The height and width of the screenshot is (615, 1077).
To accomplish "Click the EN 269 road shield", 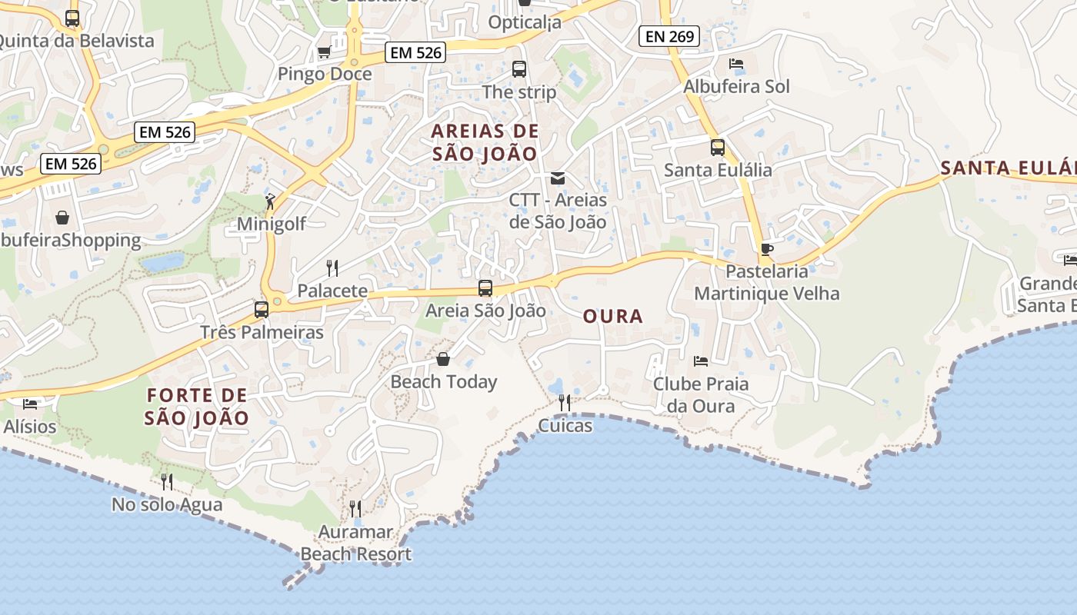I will click(669, 36).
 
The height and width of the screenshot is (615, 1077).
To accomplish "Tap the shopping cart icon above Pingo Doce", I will click(324, 52).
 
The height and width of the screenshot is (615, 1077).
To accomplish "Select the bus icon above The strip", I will click(519, 69).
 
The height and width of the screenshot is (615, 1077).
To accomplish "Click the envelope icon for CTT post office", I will click(558, 178).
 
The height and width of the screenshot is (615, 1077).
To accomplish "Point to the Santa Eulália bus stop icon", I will click(717, 148).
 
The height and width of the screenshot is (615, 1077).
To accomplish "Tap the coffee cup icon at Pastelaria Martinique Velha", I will click(766, 249).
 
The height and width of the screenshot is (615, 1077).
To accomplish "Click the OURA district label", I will click(612, 317).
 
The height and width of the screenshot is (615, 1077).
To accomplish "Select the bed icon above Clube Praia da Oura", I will click(700, 361).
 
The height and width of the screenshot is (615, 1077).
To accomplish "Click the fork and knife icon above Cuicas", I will click(565, 403).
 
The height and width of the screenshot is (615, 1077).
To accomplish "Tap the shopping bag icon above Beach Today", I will click(443, 359).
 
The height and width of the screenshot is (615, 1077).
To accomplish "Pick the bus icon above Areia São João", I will click(485, 288).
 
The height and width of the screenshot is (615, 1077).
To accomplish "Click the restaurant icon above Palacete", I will click(332, 268).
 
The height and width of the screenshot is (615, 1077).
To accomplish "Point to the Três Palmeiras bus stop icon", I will click(262, 310).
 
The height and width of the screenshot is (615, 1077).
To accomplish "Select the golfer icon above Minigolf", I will click(270, 201).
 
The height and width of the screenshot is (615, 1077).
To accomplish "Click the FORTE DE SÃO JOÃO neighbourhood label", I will click(197, 407).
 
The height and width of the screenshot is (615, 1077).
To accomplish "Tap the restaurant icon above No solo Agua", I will click(166, 482).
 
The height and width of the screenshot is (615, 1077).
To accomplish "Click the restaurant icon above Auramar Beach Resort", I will click(355, 509).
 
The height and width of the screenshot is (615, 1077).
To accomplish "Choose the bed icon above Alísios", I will click(30, 404).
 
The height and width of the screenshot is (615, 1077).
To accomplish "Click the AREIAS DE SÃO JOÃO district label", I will click(485, 141).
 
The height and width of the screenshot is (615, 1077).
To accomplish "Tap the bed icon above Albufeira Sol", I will click(736, 64).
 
